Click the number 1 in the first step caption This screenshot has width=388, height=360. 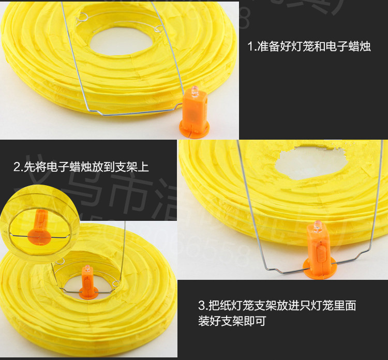pos(250,47)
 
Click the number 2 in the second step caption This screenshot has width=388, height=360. pos(17,167)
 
